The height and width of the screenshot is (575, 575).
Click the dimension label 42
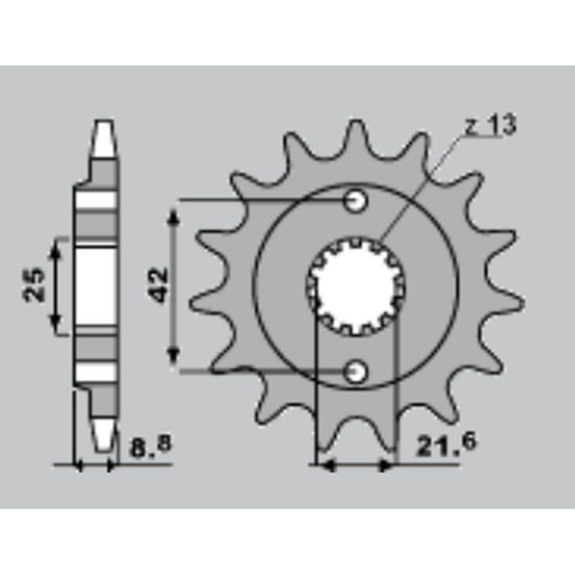159,285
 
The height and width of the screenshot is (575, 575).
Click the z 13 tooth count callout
489,126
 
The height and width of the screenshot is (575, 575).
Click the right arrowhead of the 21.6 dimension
387,466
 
